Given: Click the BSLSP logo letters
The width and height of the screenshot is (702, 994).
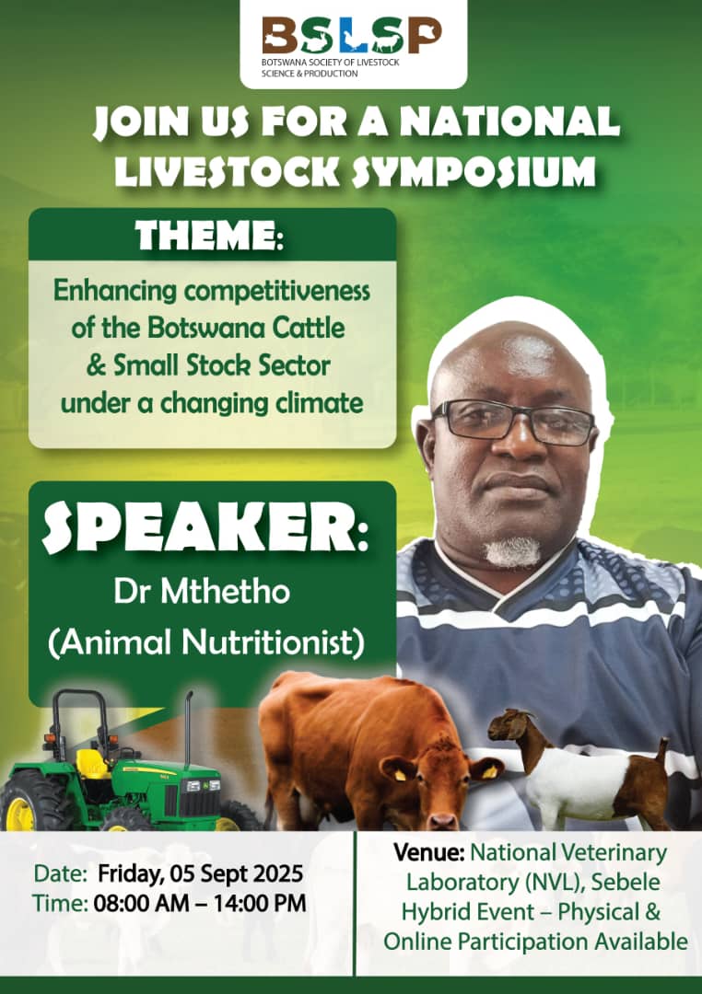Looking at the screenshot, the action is click(x=352, y=36).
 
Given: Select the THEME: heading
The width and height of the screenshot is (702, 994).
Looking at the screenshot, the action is click(x=209, y=236).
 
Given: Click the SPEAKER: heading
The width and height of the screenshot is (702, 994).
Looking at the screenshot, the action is click(x=205, y=530).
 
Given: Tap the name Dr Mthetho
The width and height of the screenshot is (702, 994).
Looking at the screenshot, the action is click(x=202, y=592).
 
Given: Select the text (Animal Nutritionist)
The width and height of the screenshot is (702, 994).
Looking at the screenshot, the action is click(x=206, y=642).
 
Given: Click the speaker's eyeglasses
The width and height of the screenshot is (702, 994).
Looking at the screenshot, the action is click(x=513, y=421).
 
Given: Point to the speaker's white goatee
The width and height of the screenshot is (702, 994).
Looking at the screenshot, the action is click(x=511, y=551).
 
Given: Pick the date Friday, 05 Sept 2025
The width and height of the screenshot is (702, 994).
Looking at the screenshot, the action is click(x=201, y=873).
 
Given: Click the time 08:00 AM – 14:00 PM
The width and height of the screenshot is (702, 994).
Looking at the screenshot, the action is click(x=200, y=903).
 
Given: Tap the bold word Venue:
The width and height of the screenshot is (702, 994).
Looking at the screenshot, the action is click(x=429, y=852).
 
